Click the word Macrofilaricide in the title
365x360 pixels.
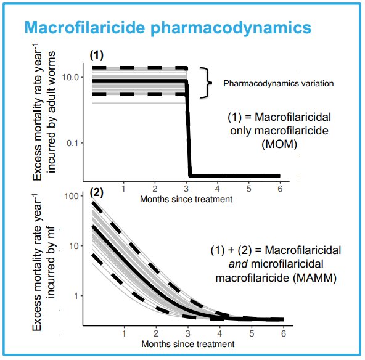tap(84, 27)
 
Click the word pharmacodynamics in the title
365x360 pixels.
tap(231, 28)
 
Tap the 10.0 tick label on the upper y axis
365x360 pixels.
tap(70, 77)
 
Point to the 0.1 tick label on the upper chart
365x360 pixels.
tap(72, 143)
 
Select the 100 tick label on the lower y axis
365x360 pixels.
tap(72, 196)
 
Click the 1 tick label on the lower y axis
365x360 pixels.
tap(76, 296)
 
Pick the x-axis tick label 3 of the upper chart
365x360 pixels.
tap(186, 189)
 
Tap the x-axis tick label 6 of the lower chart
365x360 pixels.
tap(283, 333)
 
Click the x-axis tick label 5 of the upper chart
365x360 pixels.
tap(249, 189)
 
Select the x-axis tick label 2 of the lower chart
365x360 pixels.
tap(156, 333)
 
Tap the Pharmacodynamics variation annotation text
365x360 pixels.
tap(279, 84)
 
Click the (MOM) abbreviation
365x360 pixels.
tap(279, 144)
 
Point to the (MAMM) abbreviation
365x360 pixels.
tap(315, 278)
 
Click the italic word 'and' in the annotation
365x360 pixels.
tap(238, 264)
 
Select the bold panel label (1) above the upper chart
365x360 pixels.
tap(96, 55)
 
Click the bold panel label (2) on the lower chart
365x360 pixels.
tap(96, 193)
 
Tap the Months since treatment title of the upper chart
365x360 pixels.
tap(186, 200)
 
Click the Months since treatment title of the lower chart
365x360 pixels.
tap(188, 344)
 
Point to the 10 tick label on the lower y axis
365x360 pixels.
tap(74, 246)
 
